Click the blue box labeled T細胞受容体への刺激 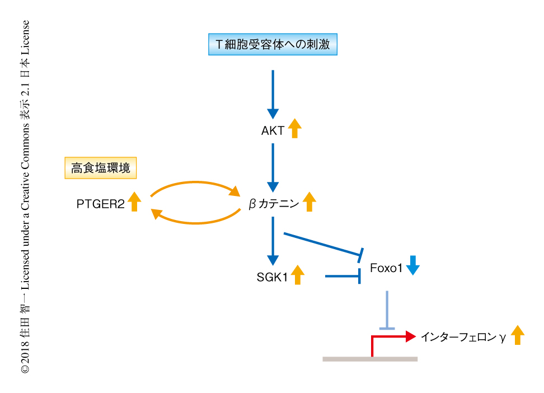click(273, 44)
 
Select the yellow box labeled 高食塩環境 click(101, 167)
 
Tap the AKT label click(273, 132)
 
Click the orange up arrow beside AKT click(294, 129)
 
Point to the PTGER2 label click(100, 204)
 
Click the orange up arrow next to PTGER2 click(134, 202)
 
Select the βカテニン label click(274, 204)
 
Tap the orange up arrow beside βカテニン click(309, 202)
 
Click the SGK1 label click(273, 277)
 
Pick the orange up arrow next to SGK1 click(297, 274)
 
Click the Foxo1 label click(386, 269)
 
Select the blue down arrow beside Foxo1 click(412, 265)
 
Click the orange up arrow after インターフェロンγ click(518, 335)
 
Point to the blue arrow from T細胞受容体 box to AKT click(273, 92)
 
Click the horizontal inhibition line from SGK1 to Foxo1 click(341, 276)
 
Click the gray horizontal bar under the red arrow click(370, 359)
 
